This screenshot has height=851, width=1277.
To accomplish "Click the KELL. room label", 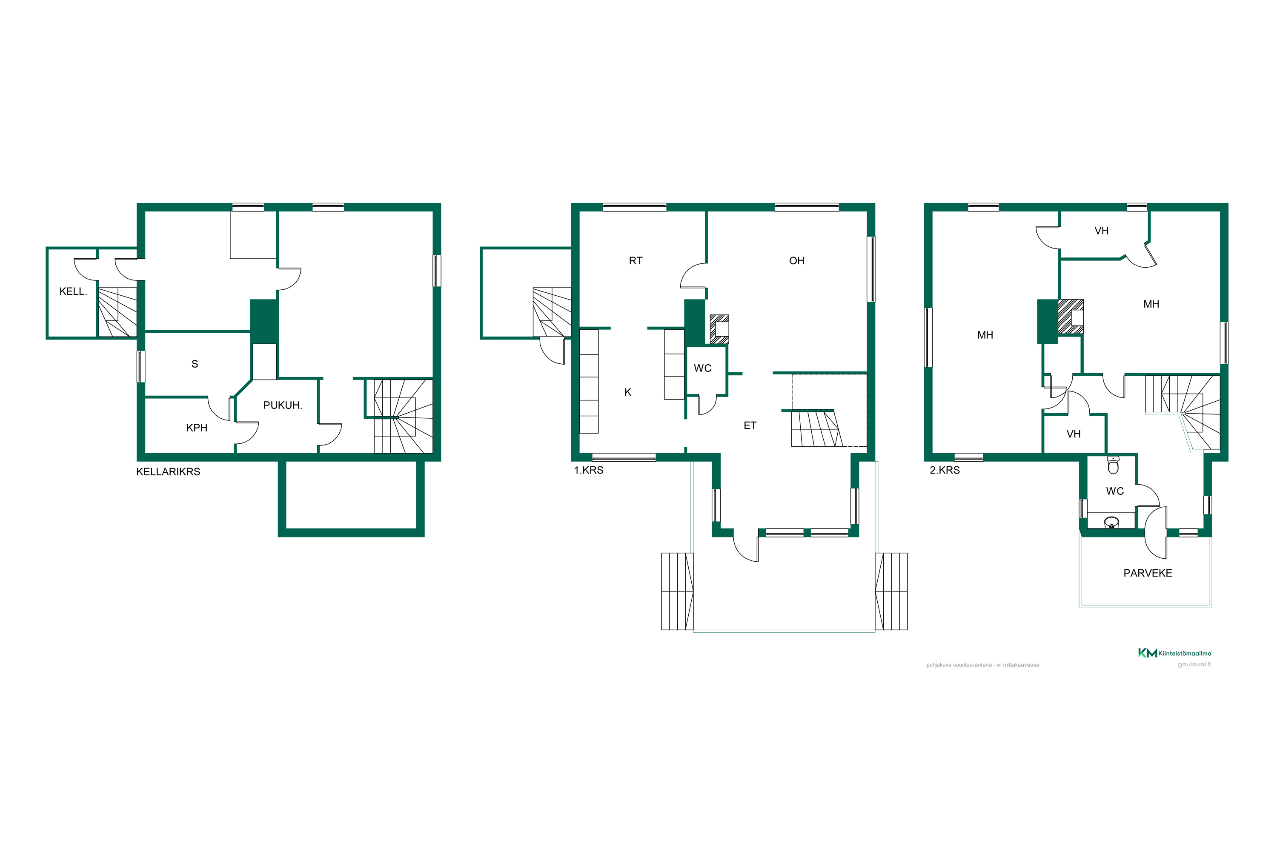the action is point(73,291).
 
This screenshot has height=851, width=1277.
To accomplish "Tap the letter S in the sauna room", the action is point(195,364).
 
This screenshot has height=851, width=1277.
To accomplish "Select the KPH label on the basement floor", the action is point(197,428).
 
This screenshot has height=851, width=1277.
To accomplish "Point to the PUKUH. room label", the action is point(282,405).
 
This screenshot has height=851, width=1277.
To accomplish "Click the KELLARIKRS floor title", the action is point(168,471).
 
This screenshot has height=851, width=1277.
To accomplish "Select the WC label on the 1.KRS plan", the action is point(703,368).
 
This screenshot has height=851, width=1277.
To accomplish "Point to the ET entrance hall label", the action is point(750,425).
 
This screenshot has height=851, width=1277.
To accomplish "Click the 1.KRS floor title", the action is point(589,470).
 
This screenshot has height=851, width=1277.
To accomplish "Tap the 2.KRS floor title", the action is point(945,470).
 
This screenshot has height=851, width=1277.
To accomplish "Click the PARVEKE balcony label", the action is point(1148,573).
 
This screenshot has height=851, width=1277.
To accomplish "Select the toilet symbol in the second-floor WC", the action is point(1113,465).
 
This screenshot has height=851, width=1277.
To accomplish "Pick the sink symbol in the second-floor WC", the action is point(1111,522).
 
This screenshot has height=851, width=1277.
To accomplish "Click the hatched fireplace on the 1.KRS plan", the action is point(719,329).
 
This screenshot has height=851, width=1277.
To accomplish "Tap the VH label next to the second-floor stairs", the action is point(1074,434).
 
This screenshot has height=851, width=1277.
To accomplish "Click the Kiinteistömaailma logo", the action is point(1174,653).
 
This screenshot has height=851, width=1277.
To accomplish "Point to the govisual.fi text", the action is point(1194,664).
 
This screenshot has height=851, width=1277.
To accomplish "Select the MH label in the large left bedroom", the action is point(985,335).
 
